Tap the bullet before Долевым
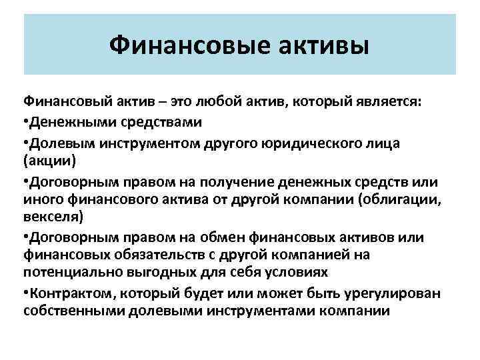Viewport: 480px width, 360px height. pos(26,143)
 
